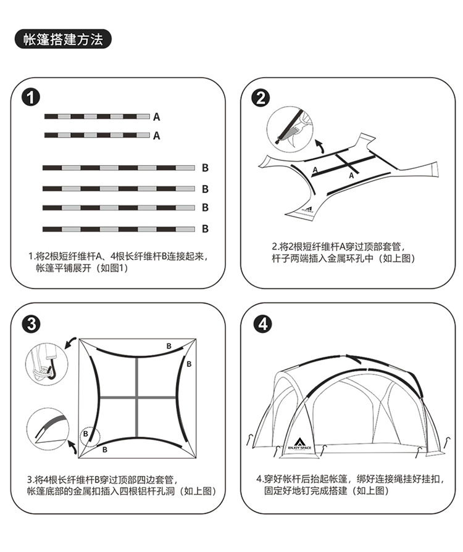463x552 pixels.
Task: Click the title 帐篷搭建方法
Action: click(62, 40)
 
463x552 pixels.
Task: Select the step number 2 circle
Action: click(261, 97)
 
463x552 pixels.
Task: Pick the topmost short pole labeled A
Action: click(97, 116)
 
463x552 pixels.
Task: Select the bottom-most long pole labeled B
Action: click(119, 229)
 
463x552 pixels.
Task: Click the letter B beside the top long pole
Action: click(205, 167)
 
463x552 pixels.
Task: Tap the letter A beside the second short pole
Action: click(157, 136)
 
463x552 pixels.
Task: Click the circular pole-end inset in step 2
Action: click(289, 127)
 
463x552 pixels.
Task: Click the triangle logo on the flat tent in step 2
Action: click(307, 208)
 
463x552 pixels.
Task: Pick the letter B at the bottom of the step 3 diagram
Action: click(105, 450)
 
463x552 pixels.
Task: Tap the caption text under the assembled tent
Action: click(349, 485)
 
